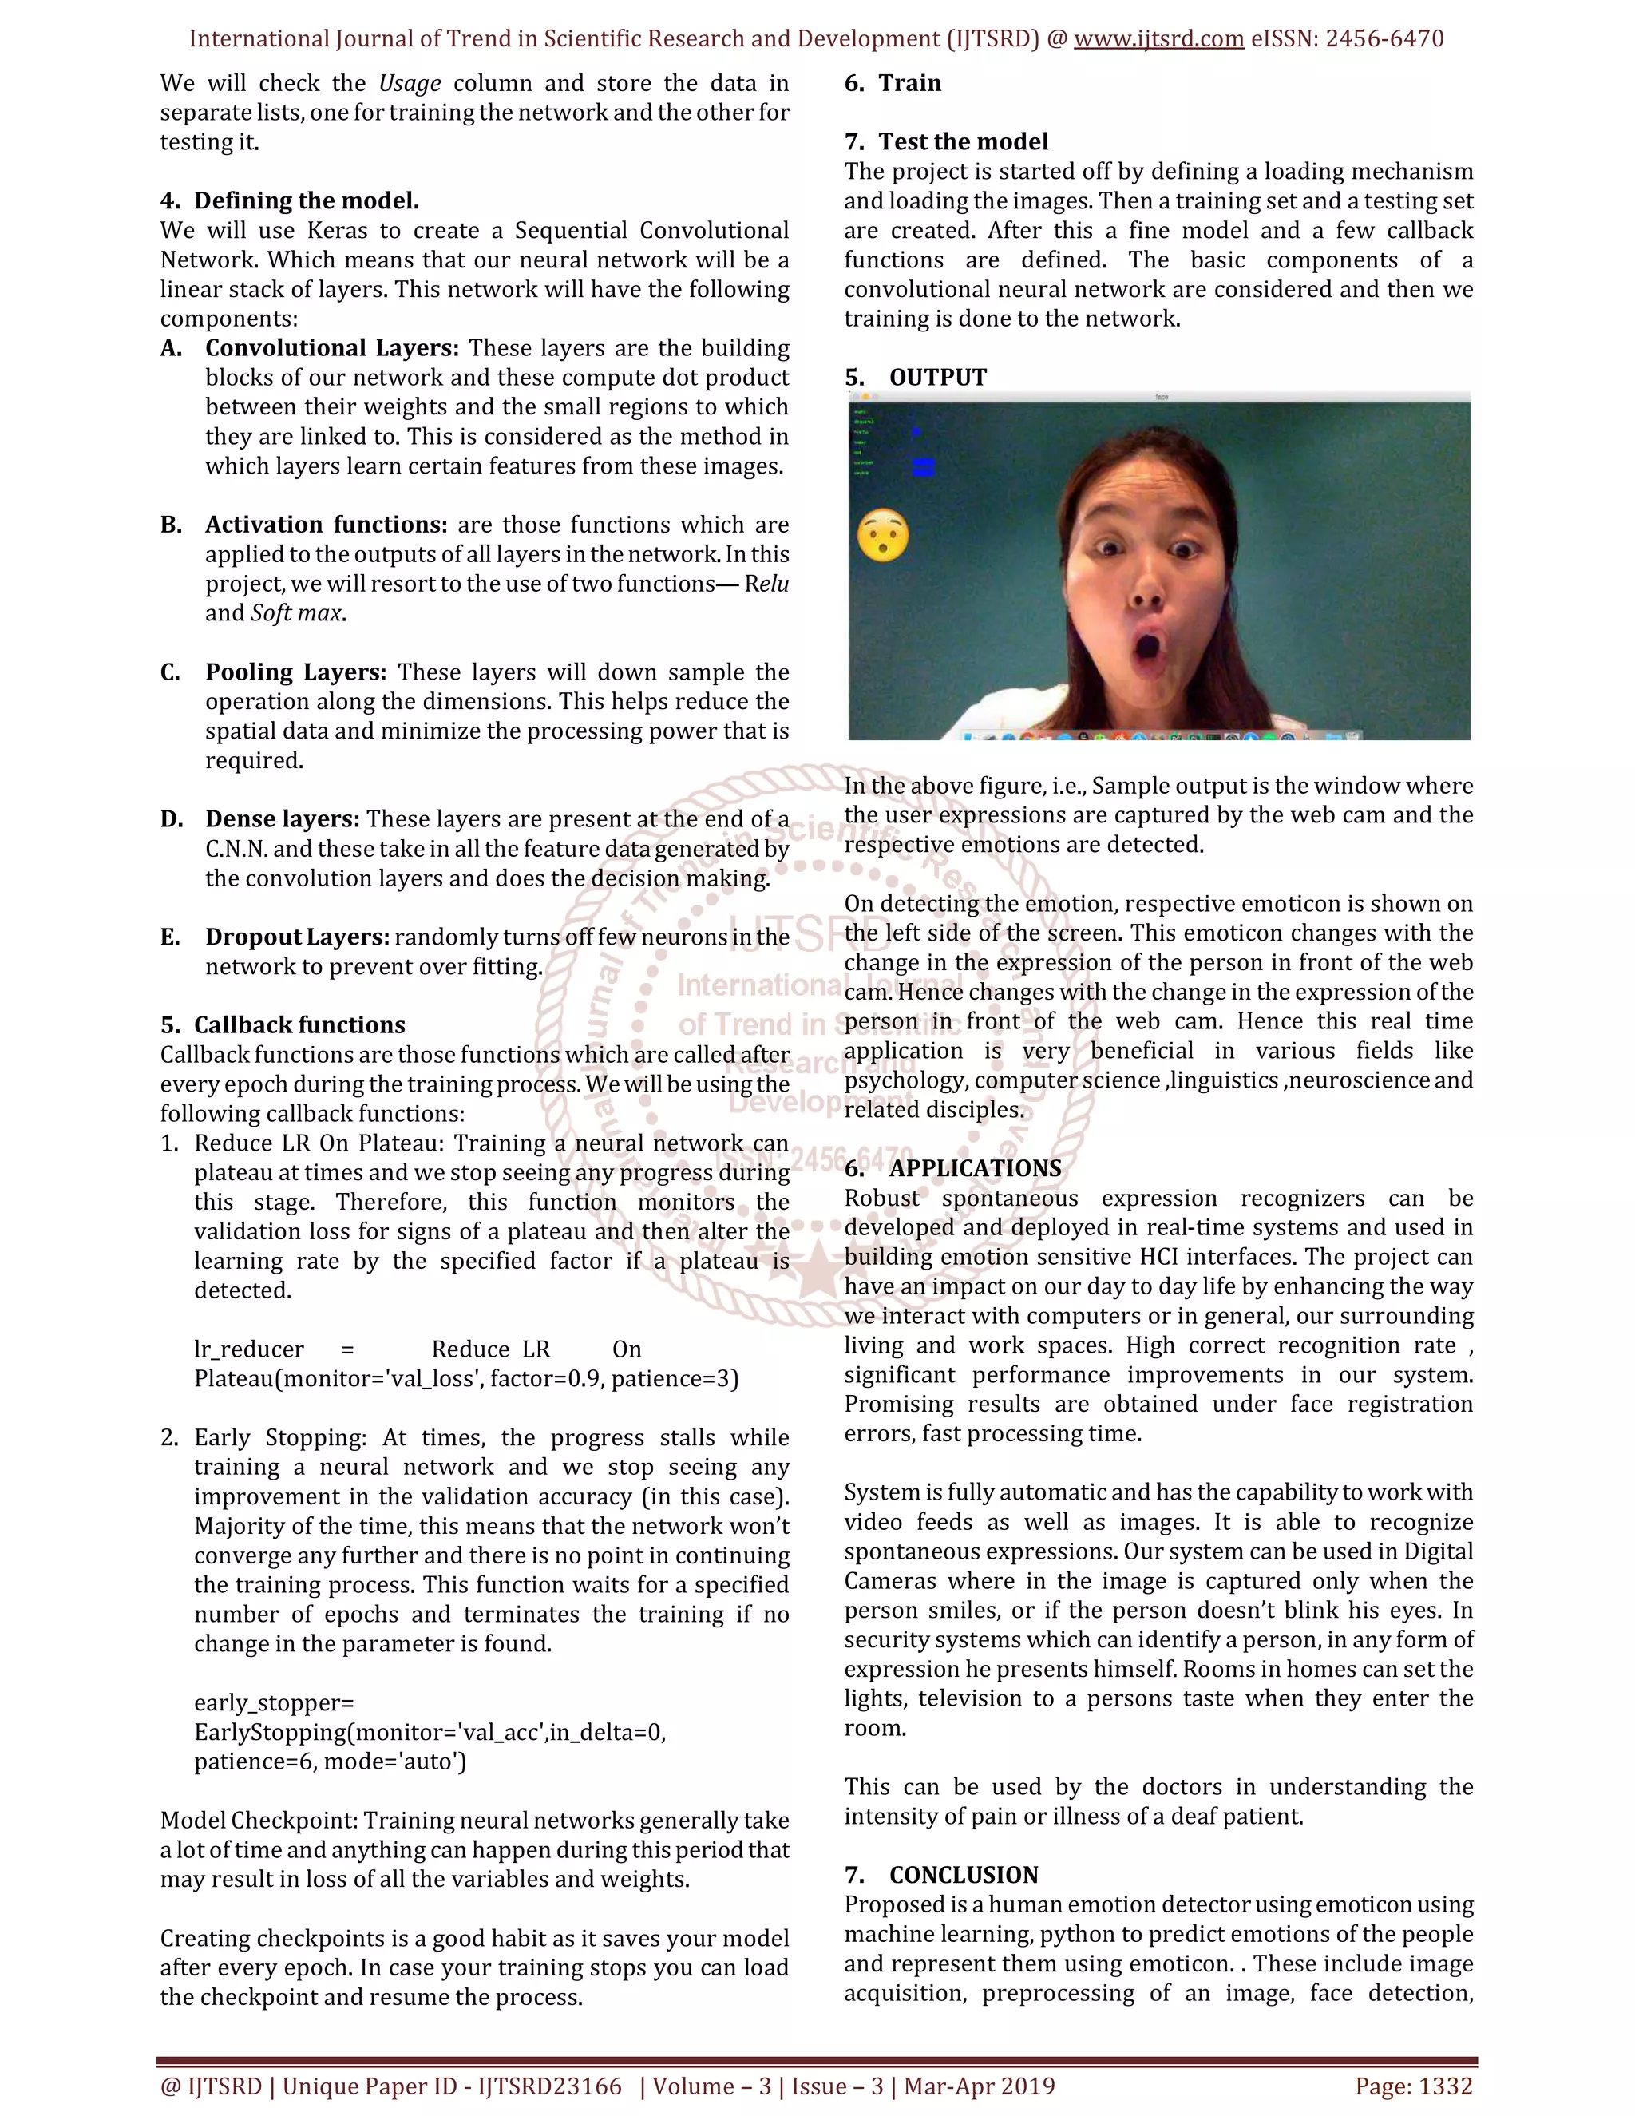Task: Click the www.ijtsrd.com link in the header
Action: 1158,39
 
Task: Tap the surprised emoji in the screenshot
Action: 882,535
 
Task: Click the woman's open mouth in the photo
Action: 1149,645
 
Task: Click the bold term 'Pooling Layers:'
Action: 295,672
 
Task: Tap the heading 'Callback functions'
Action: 299,1025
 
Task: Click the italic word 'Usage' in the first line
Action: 410,83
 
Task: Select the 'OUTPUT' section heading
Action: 937,377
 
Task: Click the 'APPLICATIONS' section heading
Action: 975,1167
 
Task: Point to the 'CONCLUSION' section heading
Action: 963,1875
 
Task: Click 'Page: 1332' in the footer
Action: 1413,2086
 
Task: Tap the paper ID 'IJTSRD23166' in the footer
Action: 549,2086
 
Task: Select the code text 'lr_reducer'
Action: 249,1349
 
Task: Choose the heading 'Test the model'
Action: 963,141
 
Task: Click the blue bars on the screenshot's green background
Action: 923,467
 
